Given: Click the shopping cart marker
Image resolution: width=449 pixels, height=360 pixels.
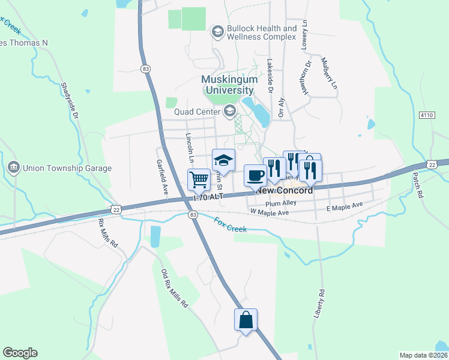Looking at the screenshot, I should point(199,179).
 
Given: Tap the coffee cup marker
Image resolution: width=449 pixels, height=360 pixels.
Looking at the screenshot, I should point(255,176).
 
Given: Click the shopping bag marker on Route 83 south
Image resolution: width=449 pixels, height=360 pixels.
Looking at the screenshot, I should point(246,319).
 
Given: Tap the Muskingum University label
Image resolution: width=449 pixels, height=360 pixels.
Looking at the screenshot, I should point(229,85).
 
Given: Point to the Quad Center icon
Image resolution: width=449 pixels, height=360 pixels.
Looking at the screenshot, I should point(229,111).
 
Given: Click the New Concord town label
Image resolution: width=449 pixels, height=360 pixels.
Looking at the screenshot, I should point(286,191).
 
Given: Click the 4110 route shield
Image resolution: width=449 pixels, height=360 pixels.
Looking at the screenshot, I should point(427,114).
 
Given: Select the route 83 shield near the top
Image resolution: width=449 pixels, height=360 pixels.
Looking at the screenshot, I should point(145,70).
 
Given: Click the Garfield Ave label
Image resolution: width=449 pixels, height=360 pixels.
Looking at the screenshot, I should point(161,172).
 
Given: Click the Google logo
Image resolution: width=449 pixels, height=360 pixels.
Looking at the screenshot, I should point(20,353).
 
